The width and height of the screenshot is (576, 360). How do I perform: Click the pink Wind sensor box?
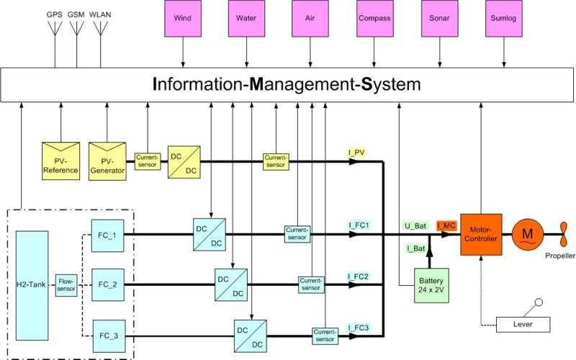coord(182,20)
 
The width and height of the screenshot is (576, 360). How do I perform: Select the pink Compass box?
coord(374,20)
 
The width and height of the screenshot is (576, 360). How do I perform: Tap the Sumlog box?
coord(503,20)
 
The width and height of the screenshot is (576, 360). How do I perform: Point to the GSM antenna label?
coord(75,14)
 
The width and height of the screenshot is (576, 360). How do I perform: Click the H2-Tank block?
coord(32,284)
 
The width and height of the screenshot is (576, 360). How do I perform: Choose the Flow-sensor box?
coord(66,284)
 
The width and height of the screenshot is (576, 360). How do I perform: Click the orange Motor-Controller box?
coord(480,234)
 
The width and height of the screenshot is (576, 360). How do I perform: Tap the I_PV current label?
coord(357,152)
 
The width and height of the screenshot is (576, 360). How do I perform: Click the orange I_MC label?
coord(446,226)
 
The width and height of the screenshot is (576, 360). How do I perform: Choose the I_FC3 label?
coord(358,328)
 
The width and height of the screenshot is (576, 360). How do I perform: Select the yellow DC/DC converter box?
coord(184,162)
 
